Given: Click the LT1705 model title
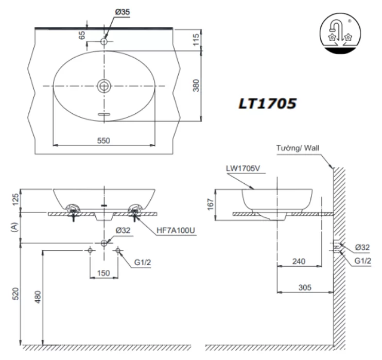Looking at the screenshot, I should [x=267, y=103].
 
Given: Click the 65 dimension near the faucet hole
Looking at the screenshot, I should [x=82, y=35].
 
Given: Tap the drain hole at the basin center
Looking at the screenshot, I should [x=105, y=85].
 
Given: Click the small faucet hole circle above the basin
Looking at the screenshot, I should [x=105, y=40].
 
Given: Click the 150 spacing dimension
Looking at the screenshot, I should [x=103, y=272].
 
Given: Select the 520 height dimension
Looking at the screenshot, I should [x=15, y=294].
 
